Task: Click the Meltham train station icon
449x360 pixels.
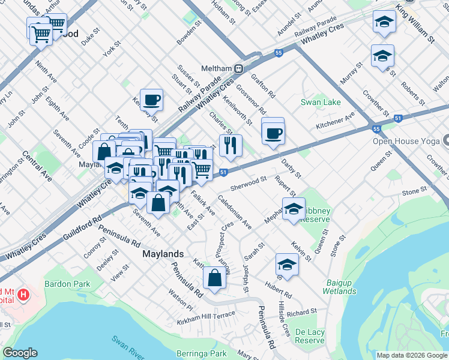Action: tap(238, 68)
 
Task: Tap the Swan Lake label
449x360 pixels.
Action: tap(321, 102)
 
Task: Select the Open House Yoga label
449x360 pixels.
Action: tap(407, 142)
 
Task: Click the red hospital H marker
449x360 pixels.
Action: tap(23, 295)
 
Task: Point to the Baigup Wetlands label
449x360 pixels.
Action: tap(343, 286)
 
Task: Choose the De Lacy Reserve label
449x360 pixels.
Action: tap(310, 335)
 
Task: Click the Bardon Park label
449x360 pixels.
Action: tap(67, 283)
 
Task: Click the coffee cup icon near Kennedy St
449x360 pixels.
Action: tap(151, 99)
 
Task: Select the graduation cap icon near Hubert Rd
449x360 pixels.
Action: tap(287, 265)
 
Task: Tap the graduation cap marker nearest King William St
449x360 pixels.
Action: tap(384, 23)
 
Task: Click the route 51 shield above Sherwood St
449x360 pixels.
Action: tap(223, 173)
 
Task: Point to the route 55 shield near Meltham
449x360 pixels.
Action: tap(278, 53)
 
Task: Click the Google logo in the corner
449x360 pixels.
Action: tap(20, 353)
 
